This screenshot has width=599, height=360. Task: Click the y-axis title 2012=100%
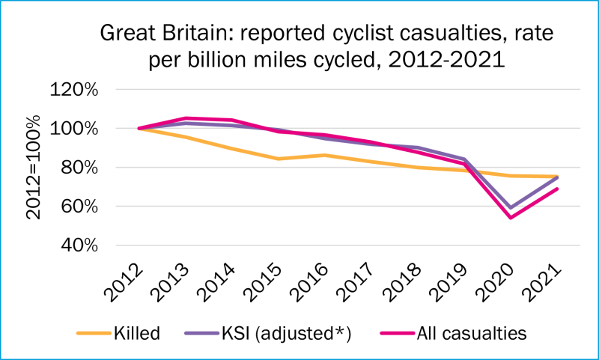click(34, 168)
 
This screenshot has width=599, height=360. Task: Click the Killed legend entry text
click(136, 333)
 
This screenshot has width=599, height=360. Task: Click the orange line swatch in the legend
click(92, 334)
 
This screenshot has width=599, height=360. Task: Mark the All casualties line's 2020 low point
click(511, 218)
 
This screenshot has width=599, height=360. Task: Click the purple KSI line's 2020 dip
click(511, 208)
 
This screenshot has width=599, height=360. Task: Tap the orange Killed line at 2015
click(279, 159)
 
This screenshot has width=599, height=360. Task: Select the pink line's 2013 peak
click(186, 118)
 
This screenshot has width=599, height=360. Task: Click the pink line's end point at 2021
click(557, 189)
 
